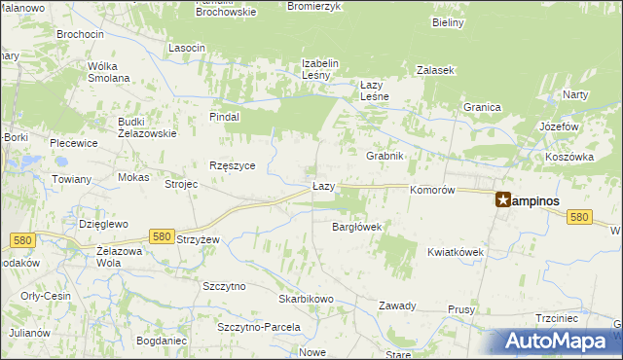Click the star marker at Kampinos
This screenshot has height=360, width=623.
point(503,199)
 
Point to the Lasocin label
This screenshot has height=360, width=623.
point(186,48)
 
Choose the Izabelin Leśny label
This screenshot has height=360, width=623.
point(319,69)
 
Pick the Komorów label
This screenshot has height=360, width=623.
point(433,191)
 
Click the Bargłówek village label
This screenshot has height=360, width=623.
point(356,227)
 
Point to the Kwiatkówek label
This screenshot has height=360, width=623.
point(456,252)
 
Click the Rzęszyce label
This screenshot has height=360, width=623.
point(232,165)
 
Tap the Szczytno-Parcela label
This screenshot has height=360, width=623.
point(258,327)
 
